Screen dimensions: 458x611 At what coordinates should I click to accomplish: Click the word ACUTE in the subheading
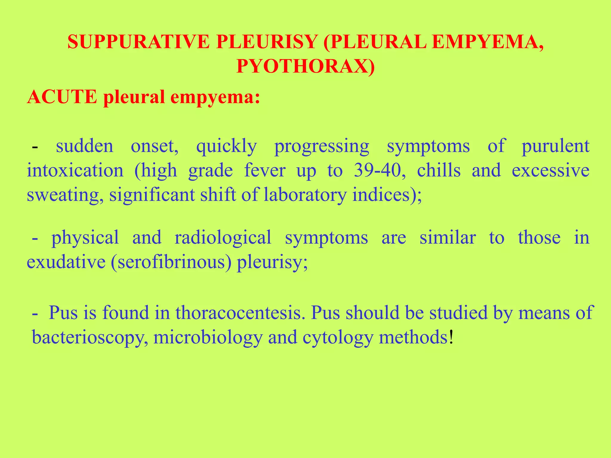(62, 97)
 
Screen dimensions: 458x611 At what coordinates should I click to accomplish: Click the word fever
(265, 171)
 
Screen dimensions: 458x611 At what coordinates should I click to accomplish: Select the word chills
(439, 171)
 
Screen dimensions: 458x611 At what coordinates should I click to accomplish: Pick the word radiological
(223, 238)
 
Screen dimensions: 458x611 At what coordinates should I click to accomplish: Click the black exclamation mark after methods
(451, 337)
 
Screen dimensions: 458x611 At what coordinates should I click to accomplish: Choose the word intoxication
(75, 171)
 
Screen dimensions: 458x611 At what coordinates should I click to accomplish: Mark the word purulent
(555, 146)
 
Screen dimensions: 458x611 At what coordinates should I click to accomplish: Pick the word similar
(448, 238)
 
